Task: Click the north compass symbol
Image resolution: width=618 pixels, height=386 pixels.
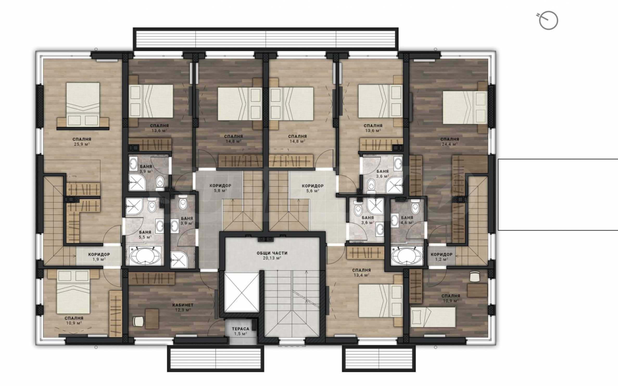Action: pyautogui.click(x=548, y=20)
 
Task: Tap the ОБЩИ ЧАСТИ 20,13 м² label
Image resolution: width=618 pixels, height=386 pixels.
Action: pyautogui.click(x=272, y=255)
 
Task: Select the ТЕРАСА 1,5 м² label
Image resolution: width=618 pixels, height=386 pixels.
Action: pyautogui.click(x=241, y=331)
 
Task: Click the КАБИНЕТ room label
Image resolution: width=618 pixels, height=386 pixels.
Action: pyautogui.click(x=183, y=305)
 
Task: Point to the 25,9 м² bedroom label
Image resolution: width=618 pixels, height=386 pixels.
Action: pyautogui.click(x=82, y=142)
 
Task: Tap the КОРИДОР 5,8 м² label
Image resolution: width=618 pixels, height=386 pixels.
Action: pyautogui.click(x=220, y=188)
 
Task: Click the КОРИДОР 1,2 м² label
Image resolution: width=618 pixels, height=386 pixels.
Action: pyautogui.click(x=442, y=257)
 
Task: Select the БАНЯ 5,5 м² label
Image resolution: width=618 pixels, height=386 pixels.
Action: pyautogui.click(x=145, y=234)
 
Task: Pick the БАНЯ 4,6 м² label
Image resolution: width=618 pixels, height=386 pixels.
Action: pyautogui.click(x=407, y=220)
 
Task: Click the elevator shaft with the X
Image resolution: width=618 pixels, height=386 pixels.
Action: pyautogui.click(x=242, y=292)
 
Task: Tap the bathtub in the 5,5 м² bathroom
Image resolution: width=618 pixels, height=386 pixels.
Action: pyautogui.click(x=145, y=256)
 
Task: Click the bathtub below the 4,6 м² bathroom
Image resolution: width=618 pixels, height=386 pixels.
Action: pyautogui.click(x=407, y=256)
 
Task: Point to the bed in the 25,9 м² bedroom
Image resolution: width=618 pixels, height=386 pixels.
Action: pyautogui.click(x=83, y=105)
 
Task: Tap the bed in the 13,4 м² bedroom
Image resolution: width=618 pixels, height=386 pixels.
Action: pyautogui.click(x=381, y=301)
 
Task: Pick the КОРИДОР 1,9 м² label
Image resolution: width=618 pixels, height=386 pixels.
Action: pyautogui.click(x=99, y=257)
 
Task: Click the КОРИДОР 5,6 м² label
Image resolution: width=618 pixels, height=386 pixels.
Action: pyautogui.click(x=313, y=188)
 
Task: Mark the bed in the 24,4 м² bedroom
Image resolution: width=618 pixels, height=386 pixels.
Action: pyautogui.click(x=465, y=107)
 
